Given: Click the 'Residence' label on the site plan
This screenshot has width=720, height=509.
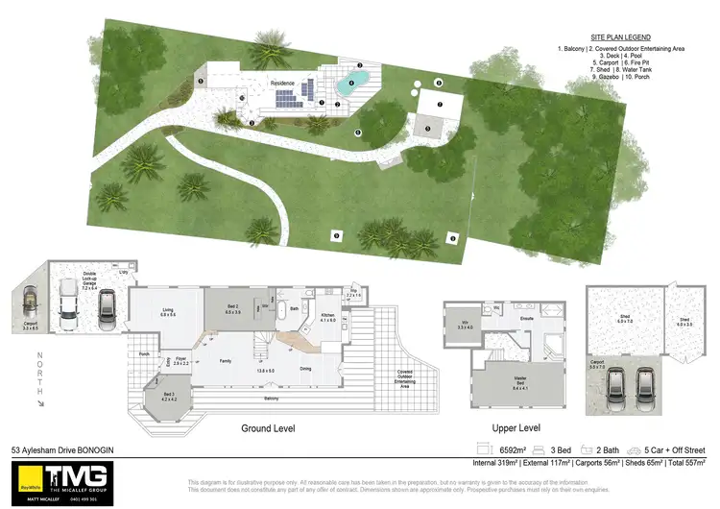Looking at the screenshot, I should point(281,83).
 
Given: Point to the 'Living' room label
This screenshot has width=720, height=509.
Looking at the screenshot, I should point(168,311).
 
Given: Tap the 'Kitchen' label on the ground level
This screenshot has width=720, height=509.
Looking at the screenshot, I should point(327,316).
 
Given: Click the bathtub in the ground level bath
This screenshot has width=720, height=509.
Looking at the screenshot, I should point(280,313).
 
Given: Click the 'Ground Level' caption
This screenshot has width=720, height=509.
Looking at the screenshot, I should point(268,428).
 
